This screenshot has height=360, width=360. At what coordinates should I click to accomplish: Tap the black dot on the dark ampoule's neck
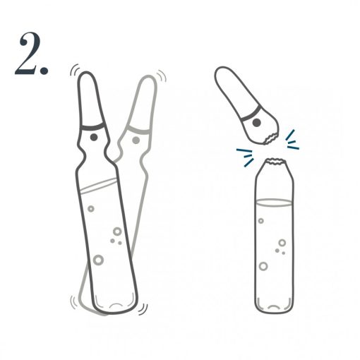93,131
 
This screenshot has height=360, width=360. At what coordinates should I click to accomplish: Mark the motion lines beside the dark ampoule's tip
73,71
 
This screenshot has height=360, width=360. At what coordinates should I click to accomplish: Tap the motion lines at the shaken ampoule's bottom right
143,308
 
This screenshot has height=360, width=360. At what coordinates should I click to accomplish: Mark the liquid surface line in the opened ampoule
273,203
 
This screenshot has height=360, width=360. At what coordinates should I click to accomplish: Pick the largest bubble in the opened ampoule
263,266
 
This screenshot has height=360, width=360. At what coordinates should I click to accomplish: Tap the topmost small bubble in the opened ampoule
261,221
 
